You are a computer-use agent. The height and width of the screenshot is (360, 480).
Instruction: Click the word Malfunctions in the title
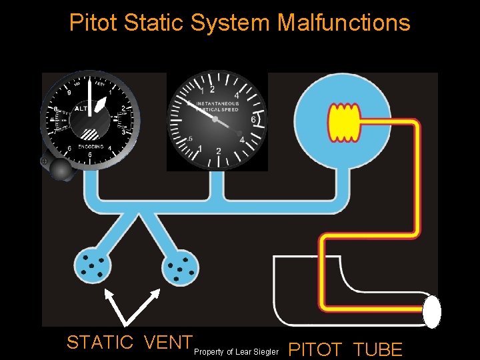pyautogui.click(x=343, y=23)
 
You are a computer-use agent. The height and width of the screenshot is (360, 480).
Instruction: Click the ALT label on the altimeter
pyautogui.click(x=81, y=108)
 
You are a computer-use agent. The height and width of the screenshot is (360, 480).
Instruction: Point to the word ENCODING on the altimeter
pyautogui.click(x=91, y=147)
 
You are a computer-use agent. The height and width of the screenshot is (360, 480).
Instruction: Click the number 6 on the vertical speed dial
pyautogui.click(x=253, y=120)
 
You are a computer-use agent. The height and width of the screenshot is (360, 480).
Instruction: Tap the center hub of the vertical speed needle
pyautogui.click(x=216, y=118)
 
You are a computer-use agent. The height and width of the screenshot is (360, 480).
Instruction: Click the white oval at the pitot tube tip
pyautogui.click(x=432, y=311)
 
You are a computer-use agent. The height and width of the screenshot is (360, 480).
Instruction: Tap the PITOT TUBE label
pyautogui.click(x=346, y=349)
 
